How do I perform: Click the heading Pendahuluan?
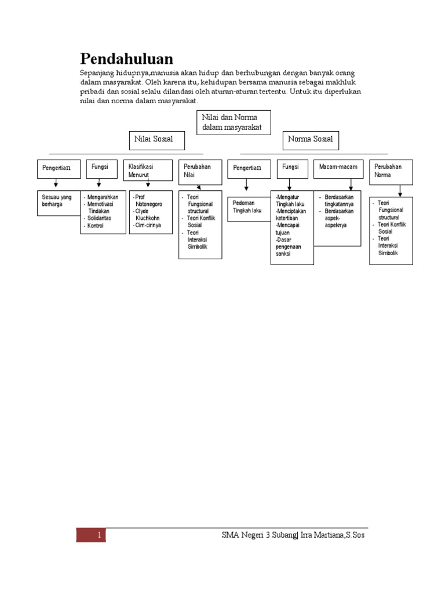pos(126,59)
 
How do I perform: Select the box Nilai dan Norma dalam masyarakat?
pos(234,122)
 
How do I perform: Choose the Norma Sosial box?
pos(311,140)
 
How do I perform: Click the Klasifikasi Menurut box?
pos(148,170)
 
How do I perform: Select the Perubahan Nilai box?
pos(200,171)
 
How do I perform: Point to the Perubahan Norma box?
pos(391,171)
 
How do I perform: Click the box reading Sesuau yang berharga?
pos(59,202)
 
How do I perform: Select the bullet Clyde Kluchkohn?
pos(150,215)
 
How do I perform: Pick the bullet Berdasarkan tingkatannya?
pos(339,201)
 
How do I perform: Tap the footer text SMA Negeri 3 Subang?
pos(258,535)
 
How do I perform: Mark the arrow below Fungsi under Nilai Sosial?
pos(99,184)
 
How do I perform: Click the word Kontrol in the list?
pos(95,225)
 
